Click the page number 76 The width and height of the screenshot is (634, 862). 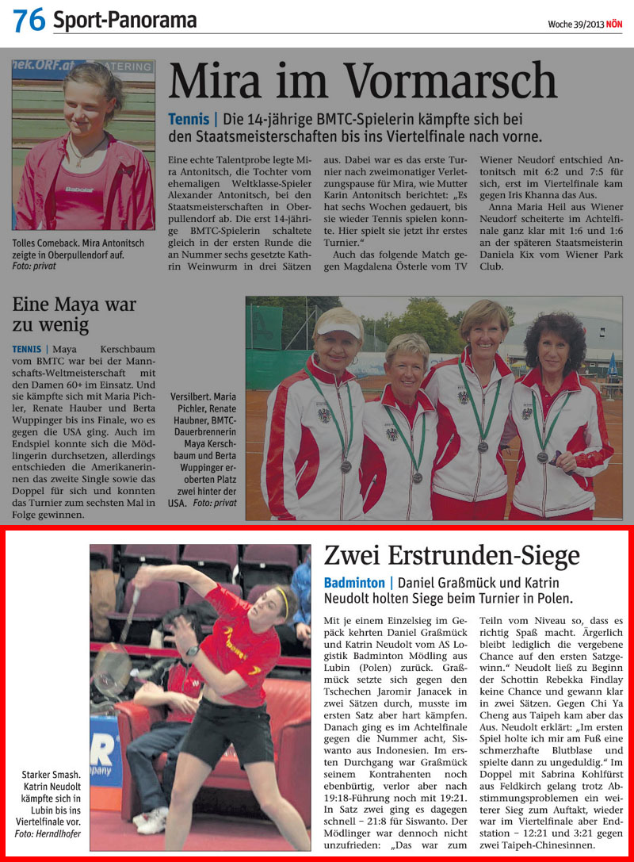(29, 21)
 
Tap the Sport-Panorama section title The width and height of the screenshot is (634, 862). (124, 21)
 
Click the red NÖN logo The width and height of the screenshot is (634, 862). (614, 24)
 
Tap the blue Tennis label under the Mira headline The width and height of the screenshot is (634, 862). (188, 119)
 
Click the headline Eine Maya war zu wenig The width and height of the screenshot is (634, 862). (74, 314)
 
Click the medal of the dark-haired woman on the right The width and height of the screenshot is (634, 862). (542, 457)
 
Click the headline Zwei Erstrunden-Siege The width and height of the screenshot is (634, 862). (452, 554)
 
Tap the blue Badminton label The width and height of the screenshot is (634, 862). (353, 583)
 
